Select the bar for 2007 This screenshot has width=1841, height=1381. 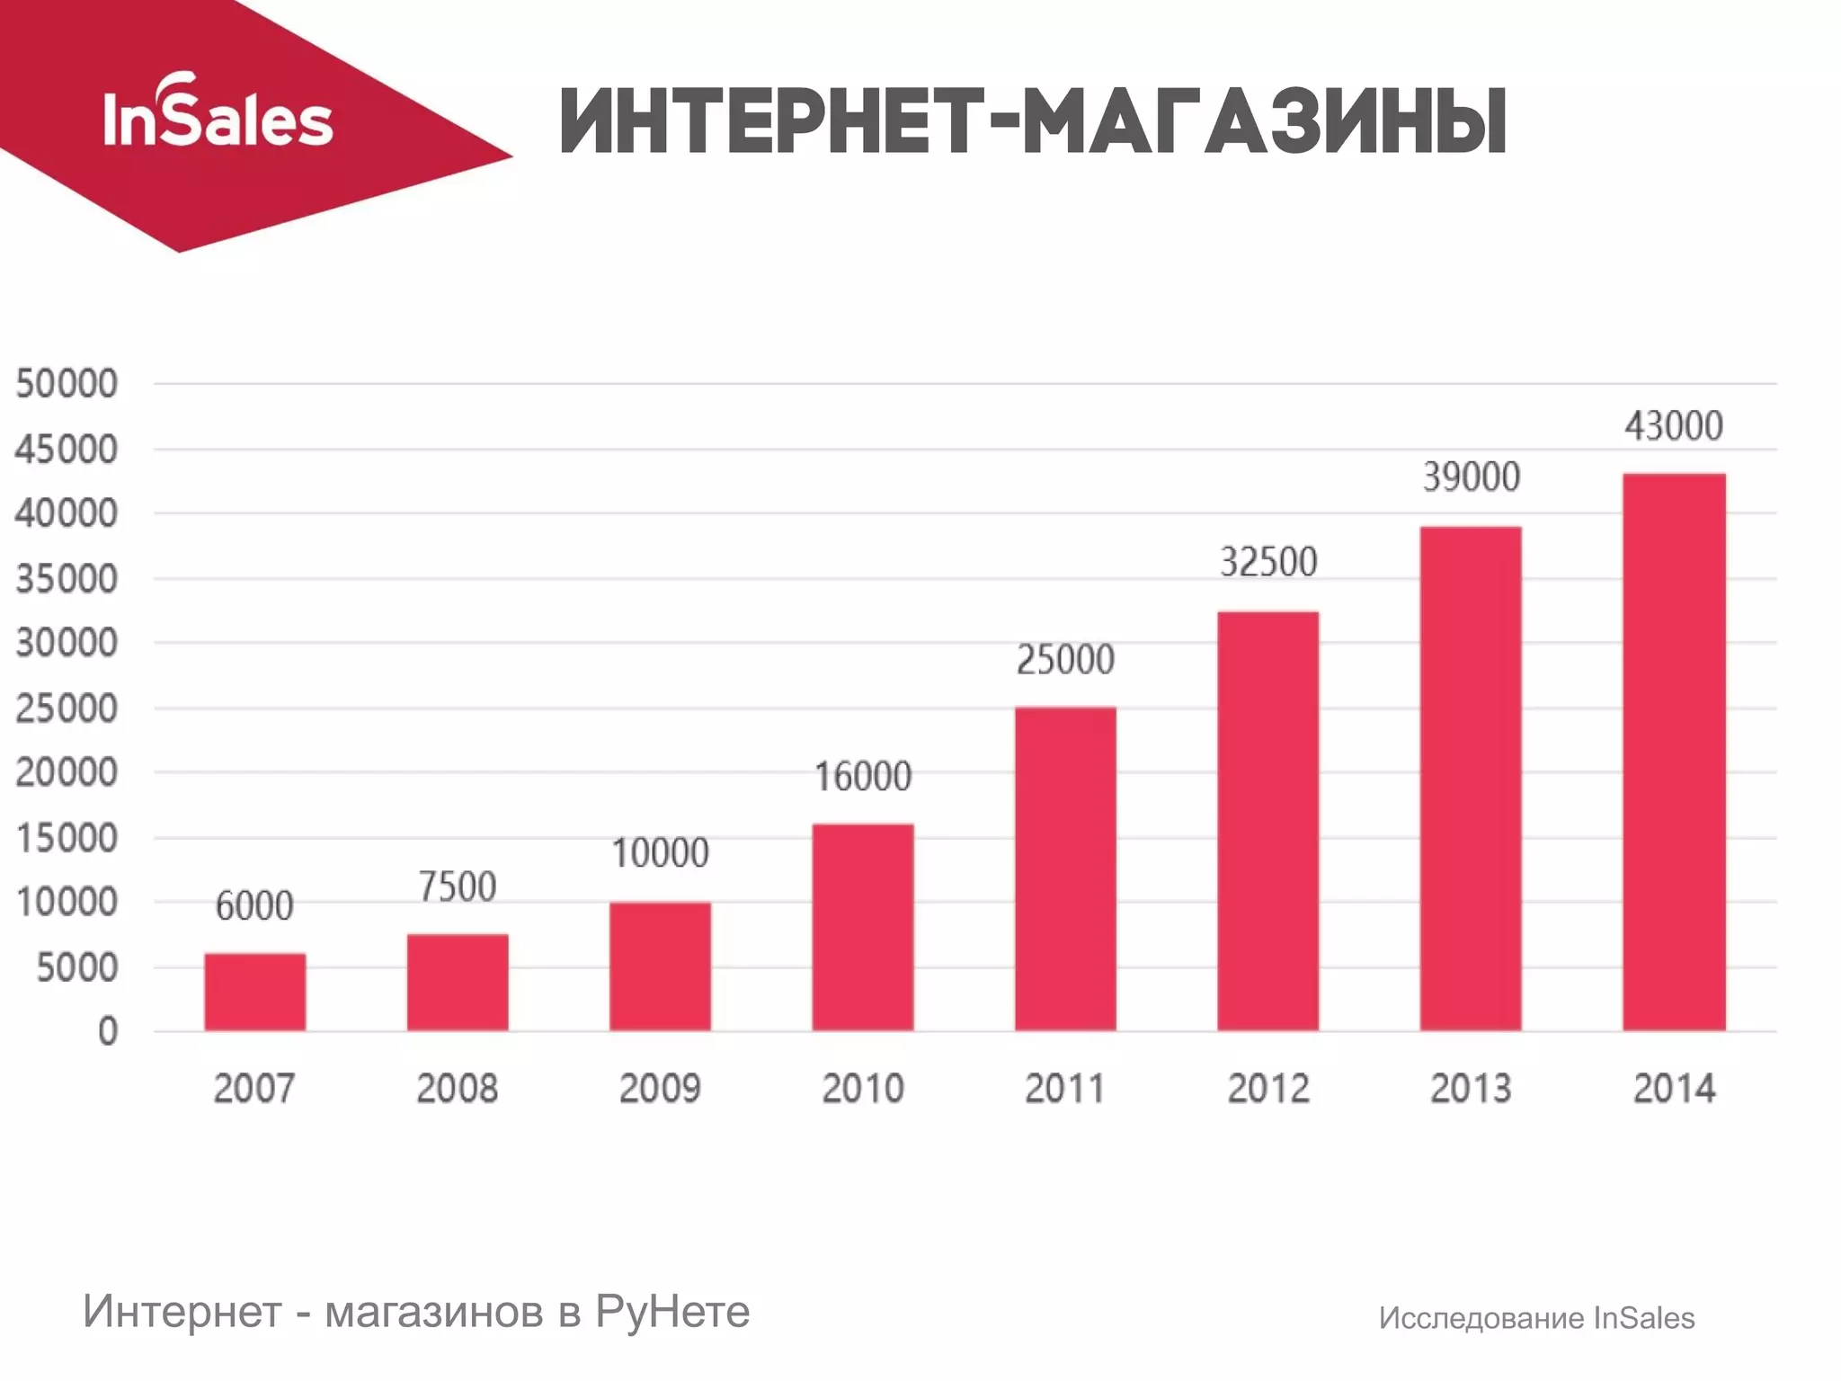(x=254, y=992)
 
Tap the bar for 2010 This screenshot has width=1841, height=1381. (x=863, y=927)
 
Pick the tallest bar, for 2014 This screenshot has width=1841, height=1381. (x=1674, y=752)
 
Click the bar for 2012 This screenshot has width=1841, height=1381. (x=1267, y=821)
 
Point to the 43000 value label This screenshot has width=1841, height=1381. (x=1673, y=426)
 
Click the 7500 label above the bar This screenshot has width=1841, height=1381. (x=458, y=887)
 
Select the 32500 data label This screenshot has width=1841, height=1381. (x=1267, y=563)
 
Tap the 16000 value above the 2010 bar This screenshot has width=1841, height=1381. (x=863, y=777)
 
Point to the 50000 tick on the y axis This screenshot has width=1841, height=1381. (x=67, y=384)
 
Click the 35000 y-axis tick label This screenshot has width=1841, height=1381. (x=67, y=579)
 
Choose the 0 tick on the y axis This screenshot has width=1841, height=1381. (x=108, y=1032)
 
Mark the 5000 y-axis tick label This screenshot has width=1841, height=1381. (x=77, y=968)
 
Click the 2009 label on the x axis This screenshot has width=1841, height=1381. (x=660, y=1089)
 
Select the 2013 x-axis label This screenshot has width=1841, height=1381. (x=1471, y=1089)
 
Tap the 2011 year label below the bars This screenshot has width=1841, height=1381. (x=1065, y=1089)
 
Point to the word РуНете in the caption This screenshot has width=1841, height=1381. (x=671, y=1312)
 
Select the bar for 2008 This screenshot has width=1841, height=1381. (x=458, y=983)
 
